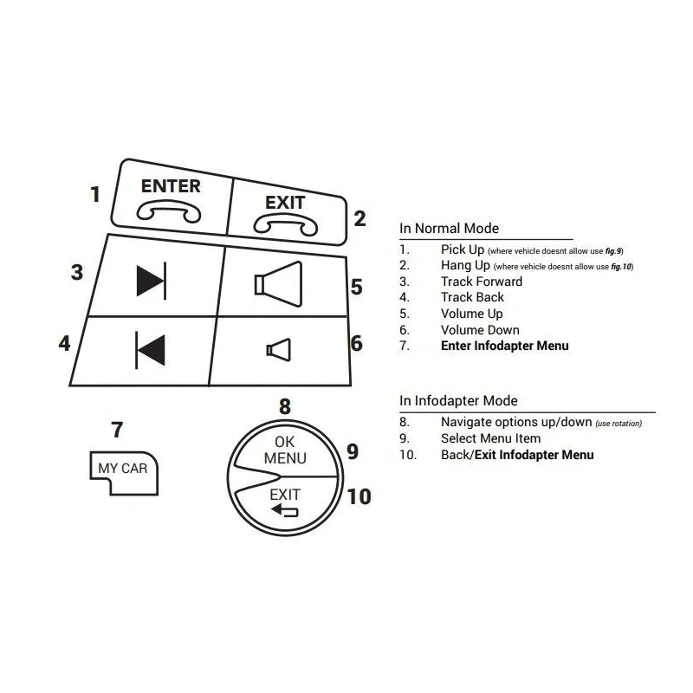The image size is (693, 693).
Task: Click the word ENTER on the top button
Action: point(171,186)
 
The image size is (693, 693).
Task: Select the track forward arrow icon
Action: point(152,281)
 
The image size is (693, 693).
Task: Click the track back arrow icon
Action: point(150,350)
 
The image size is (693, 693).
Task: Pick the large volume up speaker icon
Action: point(278,284)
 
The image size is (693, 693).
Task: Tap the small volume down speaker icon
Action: point(278,350)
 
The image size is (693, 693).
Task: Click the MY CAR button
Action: point(123,473)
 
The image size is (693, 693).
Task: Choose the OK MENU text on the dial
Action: point(285,450)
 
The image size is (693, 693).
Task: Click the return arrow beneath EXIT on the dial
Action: point(285,510)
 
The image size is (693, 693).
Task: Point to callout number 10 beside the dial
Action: point(359,496)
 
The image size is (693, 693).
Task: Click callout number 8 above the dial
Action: point(285,406)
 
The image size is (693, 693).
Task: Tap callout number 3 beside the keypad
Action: point(77,272)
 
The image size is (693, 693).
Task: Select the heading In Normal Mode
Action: point(449,229)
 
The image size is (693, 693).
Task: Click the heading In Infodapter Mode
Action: point(458,401)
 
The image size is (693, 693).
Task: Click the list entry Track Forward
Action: point(482,282)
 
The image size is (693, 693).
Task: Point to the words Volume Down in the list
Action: point(480,330)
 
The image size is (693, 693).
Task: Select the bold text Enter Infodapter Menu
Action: point(505,346)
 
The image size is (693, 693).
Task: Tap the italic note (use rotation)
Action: point(619,424)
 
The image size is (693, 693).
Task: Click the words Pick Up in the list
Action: point(463,249)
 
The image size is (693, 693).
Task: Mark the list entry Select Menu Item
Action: point(490,438)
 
